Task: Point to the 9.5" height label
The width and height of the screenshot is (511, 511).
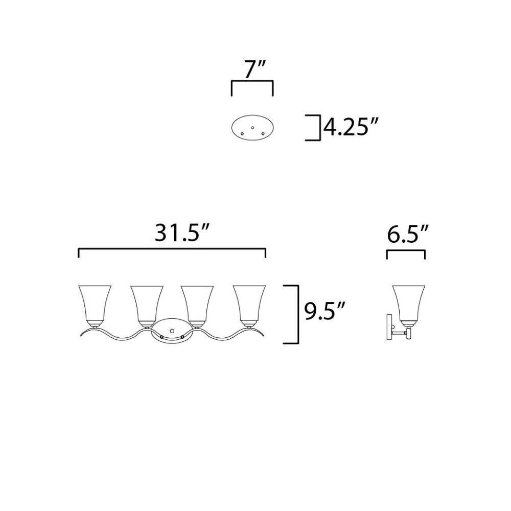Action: (x=324, y=311)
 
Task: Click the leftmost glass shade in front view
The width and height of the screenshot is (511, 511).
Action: (x=95, y=306)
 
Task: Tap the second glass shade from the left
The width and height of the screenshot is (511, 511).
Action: (x=147, y=306)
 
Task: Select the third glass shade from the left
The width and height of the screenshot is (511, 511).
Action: (x=197, y=306)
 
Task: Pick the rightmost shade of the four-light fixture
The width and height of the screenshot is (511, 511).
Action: (x=249, y=306)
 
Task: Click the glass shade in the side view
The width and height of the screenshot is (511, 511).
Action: (x=409, y=306)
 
